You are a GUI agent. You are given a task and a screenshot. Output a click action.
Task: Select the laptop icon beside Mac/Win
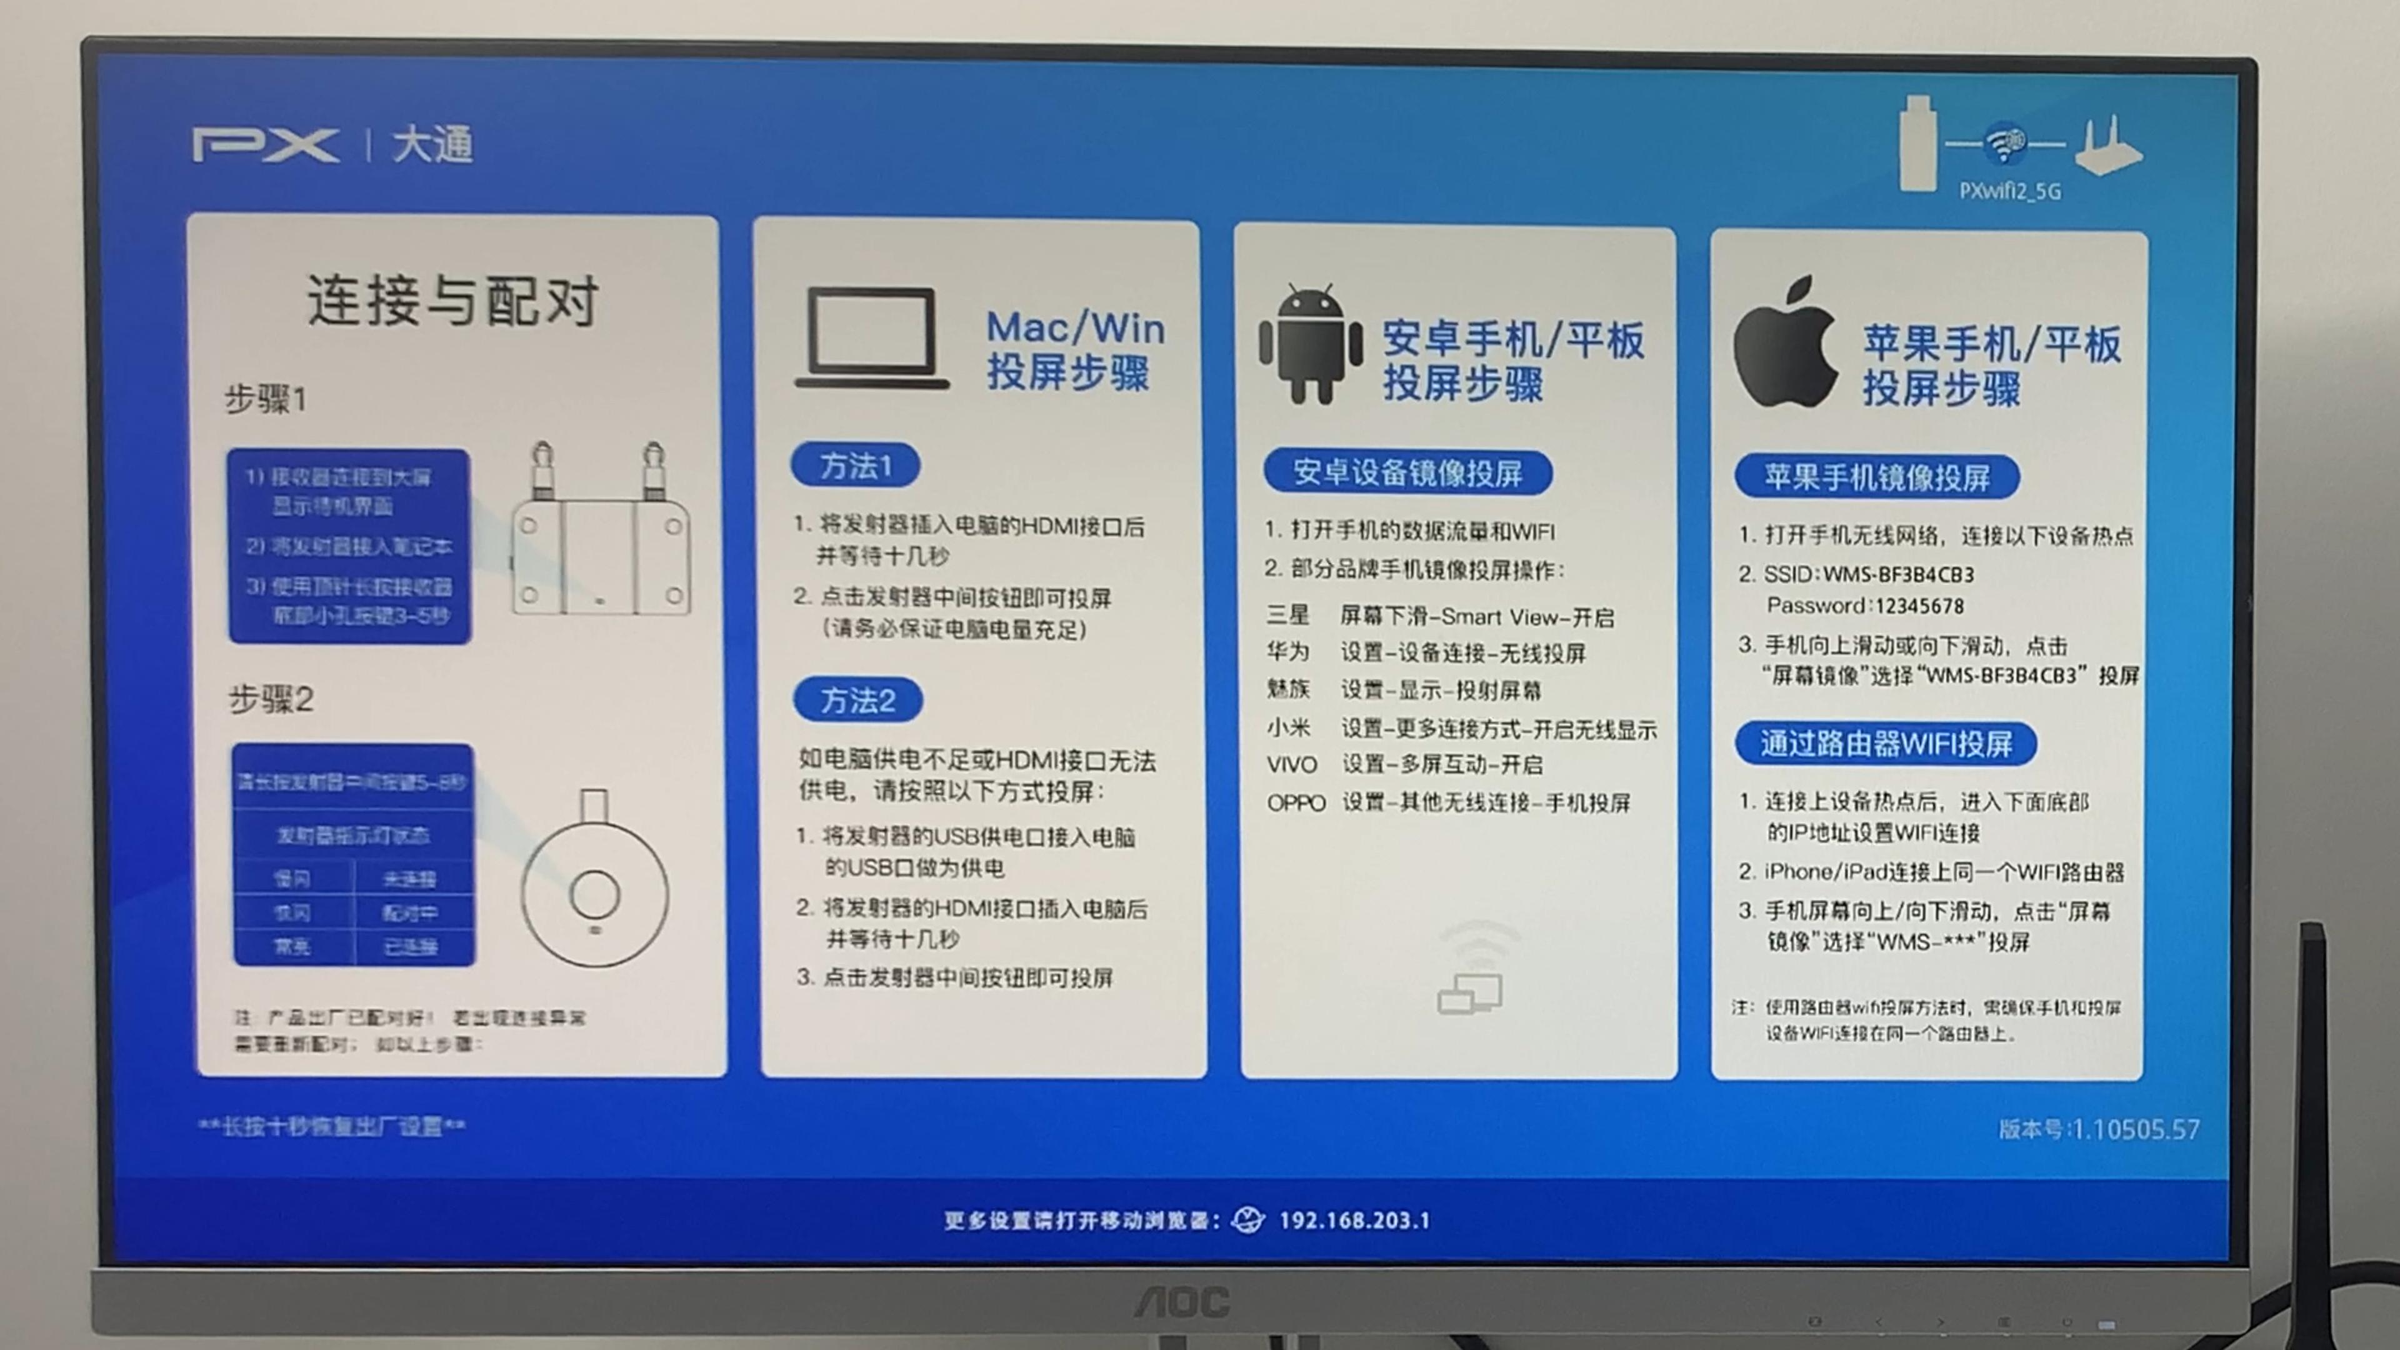872,338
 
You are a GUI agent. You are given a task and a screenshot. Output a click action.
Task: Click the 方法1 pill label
855,465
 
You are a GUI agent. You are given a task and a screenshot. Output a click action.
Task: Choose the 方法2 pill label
857,700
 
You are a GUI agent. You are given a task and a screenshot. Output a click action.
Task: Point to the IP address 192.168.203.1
1354,1221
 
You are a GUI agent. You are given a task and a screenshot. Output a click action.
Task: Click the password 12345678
1919,606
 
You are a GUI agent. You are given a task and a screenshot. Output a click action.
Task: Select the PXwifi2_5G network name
2009,191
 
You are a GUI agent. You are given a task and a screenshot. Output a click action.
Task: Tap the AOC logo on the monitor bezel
1181,1301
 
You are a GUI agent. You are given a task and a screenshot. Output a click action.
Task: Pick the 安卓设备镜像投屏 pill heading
1407,472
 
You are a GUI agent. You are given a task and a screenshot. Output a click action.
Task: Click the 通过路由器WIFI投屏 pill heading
1885,744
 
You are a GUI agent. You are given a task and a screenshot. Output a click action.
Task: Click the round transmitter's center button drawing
594,894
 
